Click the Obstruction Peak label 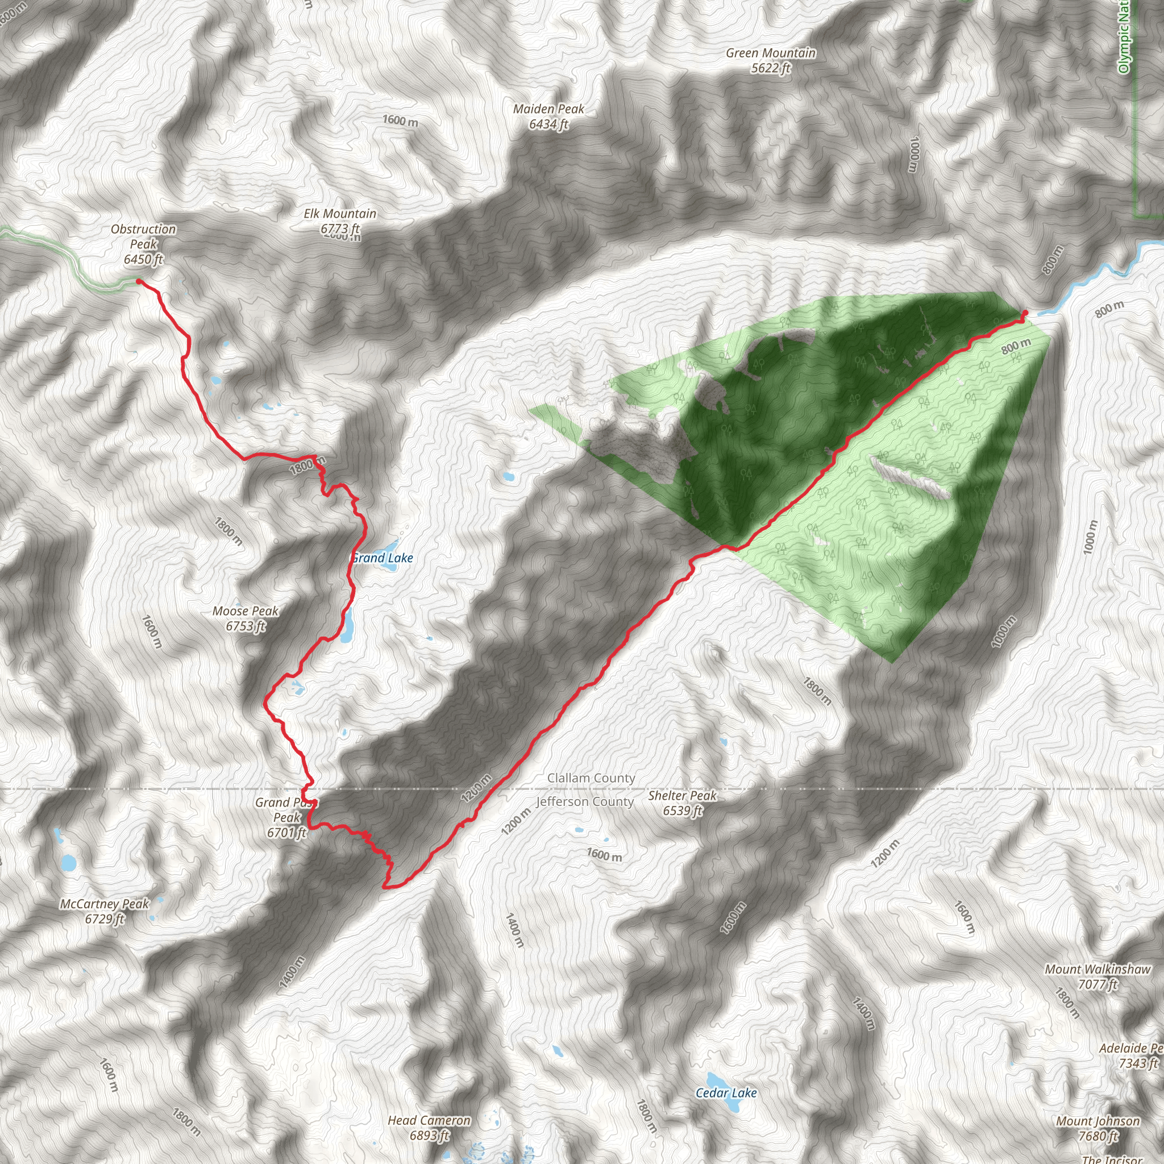pos(143,243)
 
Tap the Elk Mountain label pos(340,221)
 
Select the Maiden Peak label pos(548,117)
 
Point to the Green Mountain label pos(771,60)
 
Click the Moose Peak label pos(245,618)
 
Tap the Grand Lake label pos(383,558)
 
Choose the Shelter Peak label pos(682,803)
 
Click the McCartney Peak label pos(104,911)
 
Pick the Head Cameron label pos(429,1120)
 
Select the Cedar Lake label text pos(726,1093)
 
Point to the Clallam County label pos(591,778)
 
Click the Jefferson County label pos(585,802)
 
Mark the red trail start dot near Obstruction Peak pos(139,281)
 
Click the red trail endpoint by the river pos(1025,312)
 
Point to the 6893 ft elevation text pos(430,1136)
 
